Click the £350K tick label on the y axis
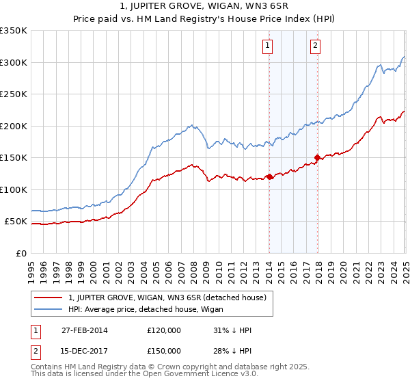pos(14,31)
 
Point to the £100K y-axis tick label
pos(14,189)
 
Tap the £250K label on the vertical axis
pos(14,94)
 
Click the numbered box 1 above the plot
pos(266,47)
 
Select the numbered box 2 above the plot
pos(315,47)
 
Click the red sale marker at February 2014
pos(269,176)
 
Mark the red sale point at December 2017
pos(317,157)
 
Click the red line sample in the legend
pos(49,298)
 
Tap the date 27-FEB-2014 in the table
pos(84,330)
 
